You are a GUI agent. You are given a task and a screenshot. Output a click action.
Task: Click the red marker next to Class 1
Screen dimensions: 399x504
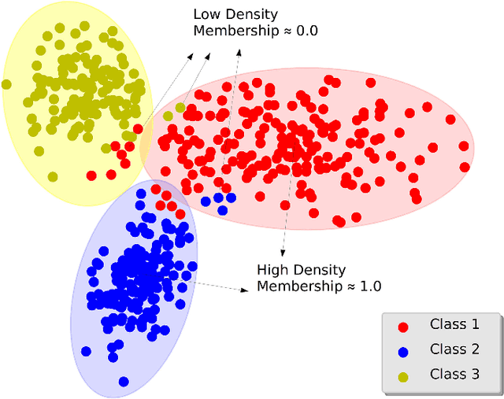pos(403,325)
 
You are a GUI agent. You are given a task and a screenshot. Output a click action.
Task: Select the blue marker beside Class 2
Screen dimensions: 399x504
pos(403,350)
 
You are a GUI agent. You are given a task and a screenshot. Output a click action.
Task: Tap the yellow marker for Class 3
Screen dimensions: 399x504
pos(403,375)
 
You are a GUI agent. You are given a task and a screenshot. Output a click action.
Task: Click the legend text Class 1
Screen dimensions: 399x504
pos(454,323)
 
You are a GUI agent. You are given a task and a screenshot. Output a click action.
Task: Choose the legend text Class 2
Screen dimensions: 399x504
pos(454,349)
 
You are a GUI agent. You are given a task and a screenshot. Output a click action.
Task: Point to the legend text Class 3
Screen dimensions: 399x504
pos(454,374)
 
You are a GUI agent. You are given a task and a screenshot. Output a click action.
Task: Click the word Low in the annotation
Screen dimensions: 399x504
pos(207,14)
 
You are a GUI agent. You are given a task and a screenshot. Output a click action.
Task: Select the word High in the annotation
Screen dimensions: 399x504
pos(273,270)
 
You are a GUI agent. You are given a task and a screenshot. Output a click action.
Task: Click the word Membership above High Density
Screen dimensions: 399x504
pos(232,31)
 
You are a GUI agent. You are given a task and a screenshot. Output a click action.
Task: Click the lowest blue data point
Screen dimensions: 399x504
pos(124,382)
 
